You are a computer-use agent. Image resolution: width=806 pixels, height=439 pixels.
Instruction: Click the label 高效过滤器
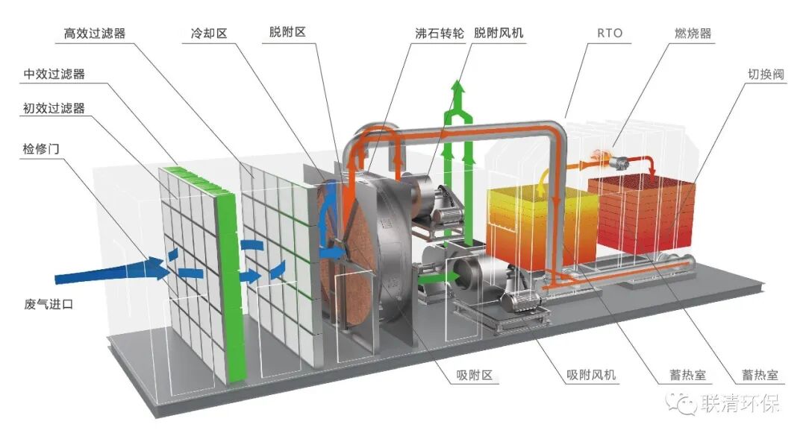pyautogui.click(x=95, y=34)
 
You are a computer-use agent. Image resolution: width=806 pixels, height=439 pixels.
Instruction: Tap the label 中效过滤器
pyautogui.click(x=54, y=74)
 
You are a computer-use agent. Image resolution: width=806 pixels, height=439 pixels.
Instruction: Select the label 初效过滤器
pyautogui.click(x=54, y=109)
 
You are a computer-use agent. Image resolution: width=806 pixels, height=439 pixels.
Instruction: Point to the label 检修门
pyautogui.click(x=41, y=148)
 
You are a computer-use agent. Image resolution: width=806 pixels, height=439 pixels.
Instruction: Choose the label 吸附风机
pyautogui.click(x=592, y=375)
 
